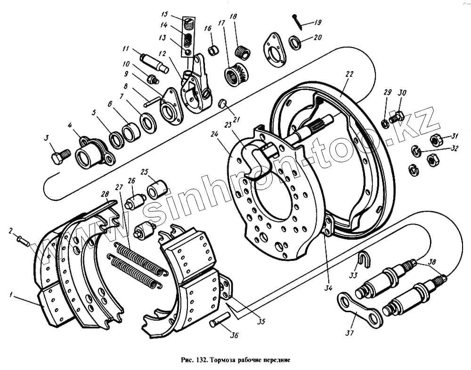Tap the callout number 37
click(x=349, y=333)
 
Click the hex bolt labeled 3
click(x=59, y=156)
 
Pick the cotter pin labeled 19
click(x=297, y=18)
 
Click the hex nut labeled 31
click(x=435, y=140)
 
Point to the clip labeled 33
click(x=363, y=257)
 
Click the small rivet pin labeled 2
click(x=23, y=241)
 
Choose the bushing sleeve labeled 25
click(x=157, y=189)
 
